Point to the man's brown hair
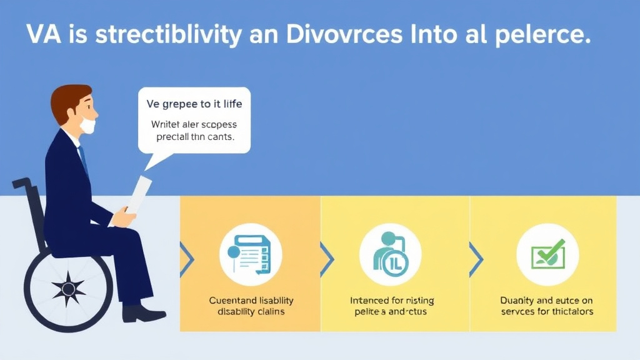[67, 100]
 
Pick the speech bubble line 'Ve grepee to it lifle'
[194, 104]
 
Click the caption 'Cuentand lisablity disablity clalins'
[251, 306]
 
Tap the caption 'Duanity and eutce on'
[547, 300]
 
